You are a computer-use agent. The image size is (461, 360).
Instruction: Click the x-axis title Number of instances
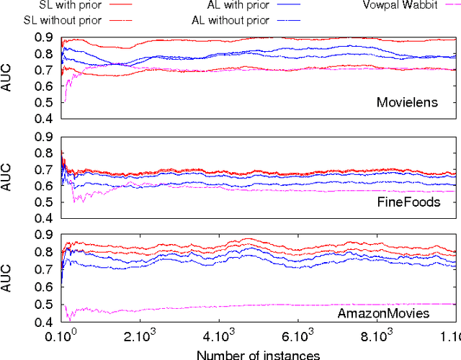click(259, 353)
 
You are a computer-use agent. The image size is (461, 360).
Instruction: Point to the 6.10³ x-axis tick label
click(297, 336)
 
